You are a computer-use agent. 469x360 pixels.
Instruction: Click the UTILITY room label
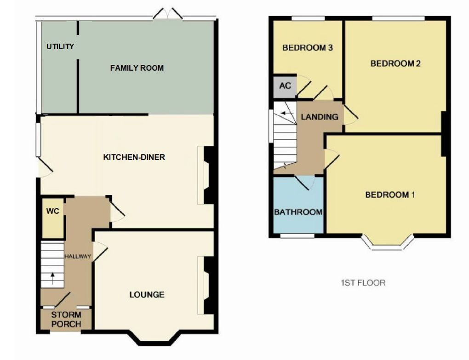(x=60, y=46)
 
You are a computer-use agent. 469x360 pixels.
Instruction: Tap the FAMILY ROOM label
(x=137, y=68)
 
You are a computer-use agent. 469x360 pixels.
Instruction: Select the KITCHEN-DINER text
(x=134, y=157)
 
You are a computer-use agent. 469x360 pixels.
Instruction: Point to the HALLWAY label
(x=78, y=256)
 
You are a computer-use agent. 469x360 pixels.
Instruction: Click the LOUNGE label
(x=147, y=294)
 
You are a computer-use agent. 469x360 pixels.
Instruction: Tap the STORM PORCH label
(x=66, y=320)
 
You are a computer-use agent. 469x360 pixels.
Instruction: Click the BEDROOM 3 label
(x=307, y=48)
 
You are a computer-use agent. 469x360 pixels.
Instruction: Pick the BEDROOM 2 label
(x=395, y=63)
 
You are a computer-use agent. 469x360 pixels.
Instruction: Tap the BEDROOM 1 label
(x=390, y=195)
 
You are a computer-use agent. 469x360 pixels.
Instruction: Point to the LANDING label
(x=319, y=117)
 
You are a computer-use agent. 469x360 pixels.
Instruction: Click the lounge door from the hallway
(x=101, y=252)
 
